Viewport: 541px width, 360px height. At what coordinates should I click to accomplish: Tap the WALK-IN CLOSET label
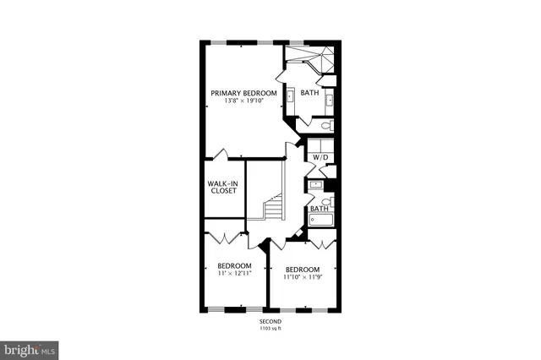[x=223, y=187]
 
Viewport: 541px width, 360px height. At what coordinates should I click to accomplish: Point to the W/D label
[x=320, y=158]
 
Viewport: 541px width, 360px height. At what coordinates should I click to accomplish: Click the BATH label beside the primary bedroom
[x=309, y=93]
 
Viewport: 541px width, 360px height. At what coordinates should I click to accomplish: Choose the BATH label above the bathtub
[x=319, y=208]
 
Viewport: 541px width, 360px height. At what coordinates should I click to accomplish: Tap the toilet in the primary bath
[x=326, y=125]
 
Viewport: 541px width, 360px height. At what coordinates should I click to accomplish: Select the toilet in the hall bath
[x=331, y=201]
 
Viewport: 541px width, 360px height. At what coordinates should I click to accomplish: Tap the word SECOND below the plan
[x=270, y=322]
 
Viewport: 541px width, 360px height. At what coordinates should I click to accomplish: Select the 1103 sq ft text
[x=270, y=329]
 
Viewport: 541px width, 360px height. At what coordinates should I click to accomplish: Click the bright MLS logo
[x=30, y=347]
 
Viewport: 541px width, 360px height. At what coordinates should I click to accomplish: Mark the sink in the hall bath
[x=315, y=183]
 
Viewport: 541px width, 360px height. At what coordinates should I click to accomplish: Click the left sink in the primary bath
[x=290, y=96]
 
